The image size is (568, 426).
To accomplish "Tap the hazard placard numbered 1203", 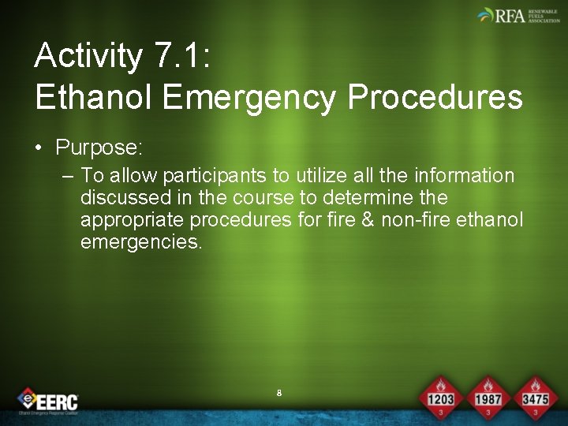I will [440, 398].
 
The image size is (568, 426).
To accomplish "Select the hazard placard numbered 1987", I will [488, 398].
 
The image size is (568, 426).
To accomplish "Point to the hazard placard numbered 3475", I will [534, 398].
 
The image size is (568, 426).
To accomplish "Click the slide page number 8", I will [279, 393].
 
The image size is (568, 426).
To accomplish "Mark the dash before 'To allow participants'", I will [67, 175].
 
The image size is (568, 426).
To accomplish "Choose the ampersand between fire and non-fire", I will [367, 219].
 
